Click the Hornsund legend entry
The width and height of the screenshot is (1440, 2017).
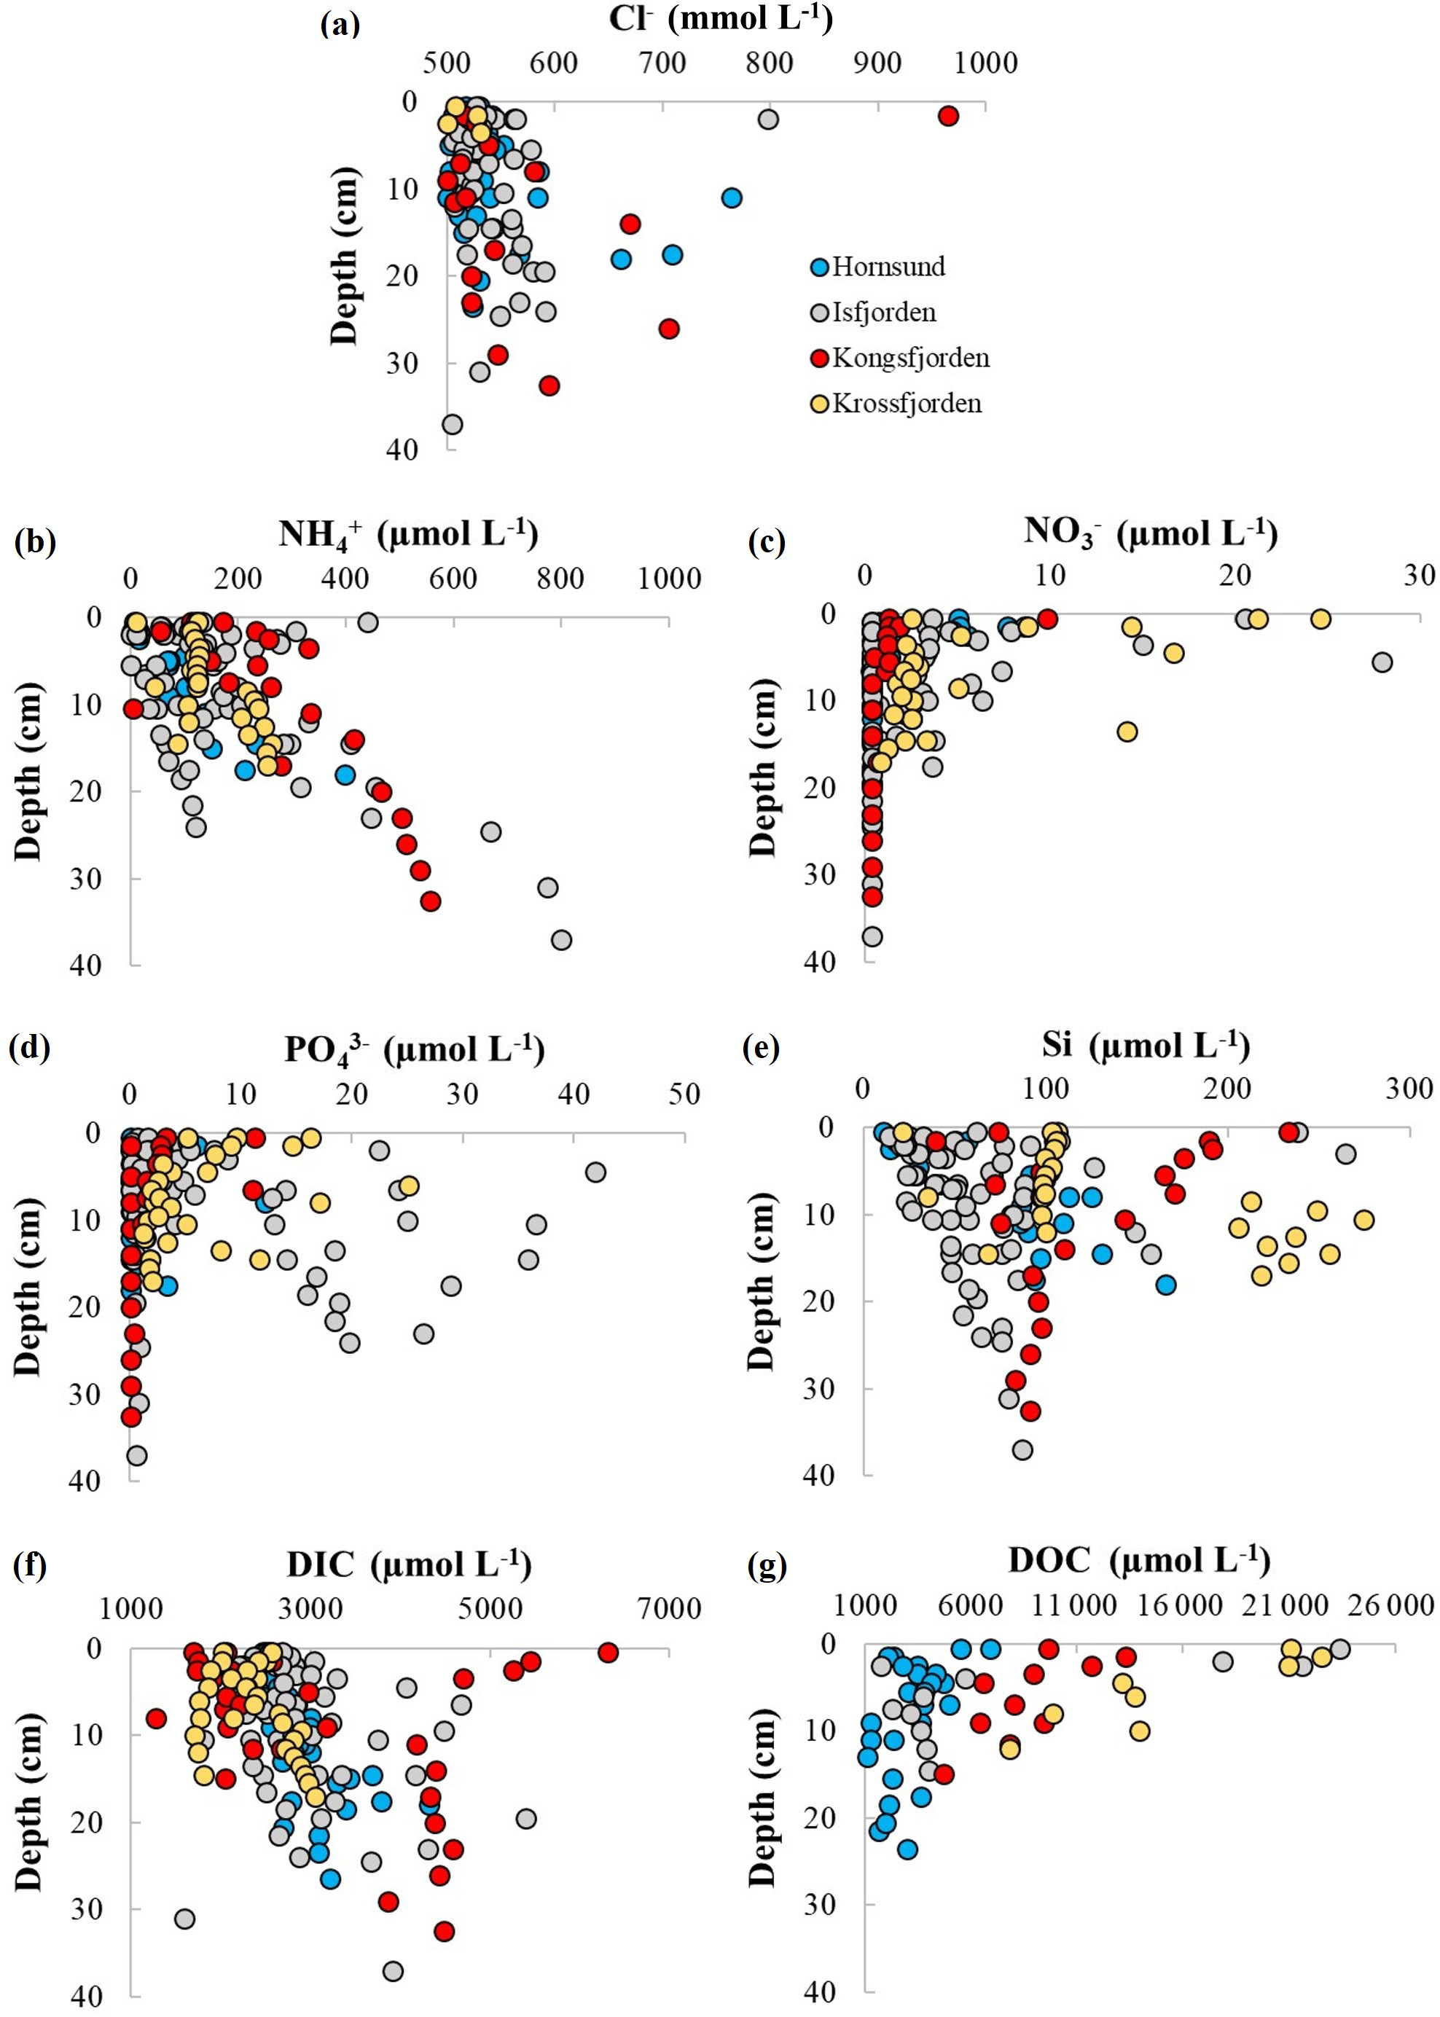click(888, 267)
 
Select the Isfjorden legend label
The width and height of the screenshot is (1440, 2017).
click(883, 312)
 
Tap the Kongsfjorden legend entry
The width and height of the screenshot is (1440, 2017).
click(909, 359)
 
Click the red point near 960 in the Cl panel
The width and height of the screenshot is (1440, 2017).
click(948, 116)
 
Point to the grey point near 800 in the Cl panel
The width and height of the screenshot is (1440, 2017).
click(768, 119)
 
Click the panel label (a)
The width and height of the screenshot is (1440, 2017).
click(340, 24)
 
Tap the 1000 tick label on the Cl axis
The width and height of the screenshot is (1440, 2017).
click(985, 63)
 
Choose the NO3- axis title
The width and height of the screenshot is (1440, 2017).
click(1150, 532)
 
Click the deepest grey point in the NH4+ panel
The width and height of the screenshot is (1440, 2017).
click(561, 940)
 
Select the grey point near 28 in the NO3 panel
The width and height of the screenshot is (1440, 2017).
click(1382, 662)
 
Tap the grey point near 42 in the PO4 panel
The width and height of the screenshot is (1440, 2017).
click(595, 1172)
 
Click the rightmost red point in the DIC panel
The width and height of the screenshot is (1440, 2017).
click(607, 1653)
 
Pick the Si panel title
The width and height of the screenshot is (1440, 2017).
click(1146, 1046)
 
